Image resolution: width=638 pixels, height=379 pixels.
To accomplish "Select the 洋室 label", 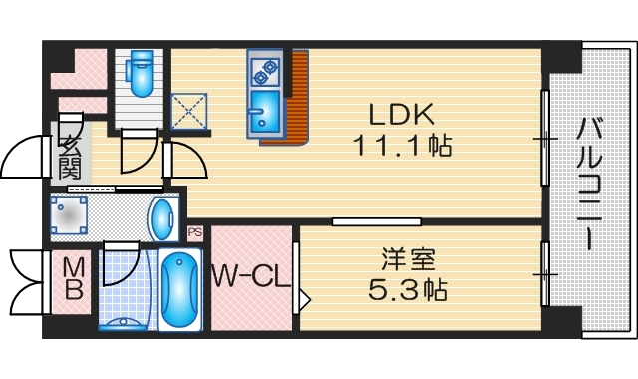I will coord(408,260).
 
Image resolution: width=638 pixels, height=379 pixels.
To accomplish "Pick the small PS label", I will coord(195,232).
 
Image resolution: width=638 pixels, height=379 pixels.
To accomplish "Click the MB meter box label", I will coord(74,281).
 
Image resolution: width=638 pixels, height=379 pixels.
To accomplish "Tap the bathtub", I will coord(179,289).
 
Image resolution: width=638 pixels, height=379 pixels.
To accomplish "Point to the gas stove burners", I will coord(266,68).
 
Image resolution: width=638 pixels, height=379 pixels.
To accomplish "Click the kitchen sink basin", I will coord(266,112).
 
